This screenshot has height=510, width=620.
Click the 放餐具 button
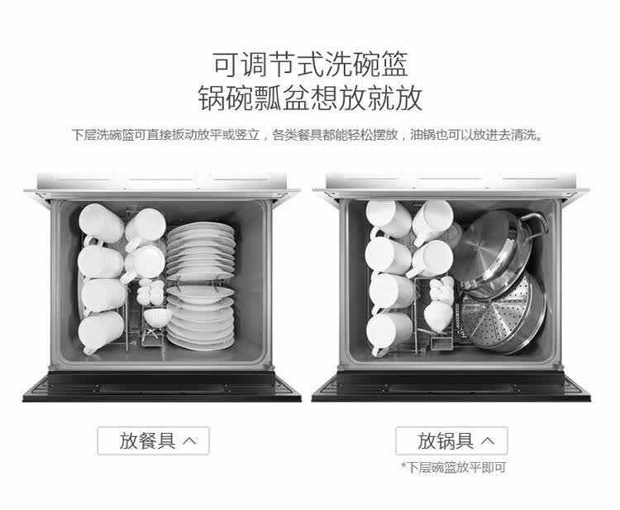pos(154,440)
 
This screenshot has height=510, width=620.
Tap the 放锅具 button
pos(451,440)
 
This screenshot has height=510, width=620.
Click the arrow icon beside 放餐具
pos(190,440)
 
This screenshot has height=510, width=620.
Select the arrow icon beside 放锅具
pos(488,440)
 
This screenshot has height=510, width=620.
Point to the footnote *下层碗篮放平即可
pos(454,467)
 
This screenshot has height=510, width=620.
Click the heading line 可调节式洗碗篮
pos(310,64)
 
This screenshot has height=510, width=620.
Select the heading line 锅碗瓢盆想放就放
pos(310,98)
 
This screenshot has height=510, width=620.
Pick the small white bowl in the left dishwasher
pos(157,317)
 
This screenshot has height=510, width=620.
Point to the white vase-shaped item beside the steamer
pos(437,315)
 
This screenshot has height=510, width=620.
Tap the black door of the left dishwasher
pos(162,386)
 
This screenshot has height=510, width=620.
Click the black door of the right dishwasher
pos(451,386)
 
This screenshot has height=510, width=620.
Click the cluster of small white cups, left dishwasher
pos(150,291)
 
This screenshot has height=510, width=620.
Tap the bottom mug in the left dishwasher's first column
pos(101,333)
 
